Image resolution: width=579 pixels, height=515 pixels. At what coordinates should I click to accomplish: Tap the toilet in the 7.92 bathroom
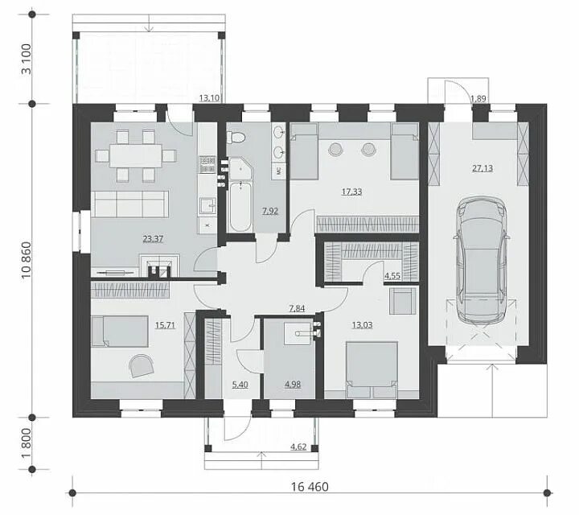tap(236, 138)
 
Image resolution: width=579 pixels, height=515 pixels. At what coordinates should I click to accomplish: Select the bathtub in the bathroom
tap(240, 206)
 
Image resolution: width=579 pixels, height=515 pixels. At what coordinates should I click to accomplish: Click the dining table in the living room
tap(136, 155)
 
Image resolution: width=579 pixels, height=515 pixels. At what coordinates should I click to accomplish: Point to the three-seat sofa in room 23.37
tap(129, 204)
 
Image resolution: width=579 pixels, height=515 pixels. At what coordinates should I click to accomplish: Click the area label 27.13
tap(482, 168)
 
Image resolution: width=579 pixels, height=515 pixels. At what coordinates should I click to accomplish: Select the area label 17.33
tap(351, 192)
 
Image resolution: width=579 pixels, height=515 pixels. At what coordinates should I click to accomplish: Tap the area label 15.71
tap(165, 325)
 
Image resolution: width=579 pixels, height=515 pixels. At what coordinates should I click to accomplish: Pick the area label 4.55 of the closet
tap(392, 276)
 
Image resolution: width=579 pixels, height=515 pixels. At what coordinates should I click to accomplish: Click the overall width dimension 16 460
tap(310, 487)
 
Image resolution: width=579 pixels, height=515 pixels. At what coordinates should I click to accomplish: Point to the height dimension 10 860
tap(27, 261)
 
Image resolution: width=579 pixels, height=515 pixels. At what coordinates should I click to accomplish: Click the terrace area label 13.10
tap(210, 98)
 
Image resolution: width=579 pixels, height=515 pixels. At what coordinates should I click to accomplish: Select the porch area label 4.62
tap(298, 447)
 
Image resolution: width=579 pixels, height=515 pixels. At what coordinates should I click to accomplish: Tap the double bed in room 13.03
tap(372, 369)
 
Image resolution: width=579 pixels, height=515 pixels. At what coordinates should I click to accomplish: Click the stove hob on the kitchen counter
tap(207, 165)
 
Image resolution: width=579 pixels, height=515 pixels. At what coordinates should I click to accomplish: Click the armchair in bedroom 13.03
tap(402, 301)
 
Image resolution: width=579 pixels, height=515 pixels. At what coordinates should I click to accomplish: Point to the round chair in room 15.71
tap(141, 366)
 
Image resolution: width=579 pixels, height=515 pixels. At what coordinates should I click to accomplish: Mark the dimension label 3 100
tap(27, 59)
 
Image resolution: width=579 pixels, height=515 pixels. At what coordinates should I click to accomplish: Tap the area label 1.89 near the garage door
tap(478, 98)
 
